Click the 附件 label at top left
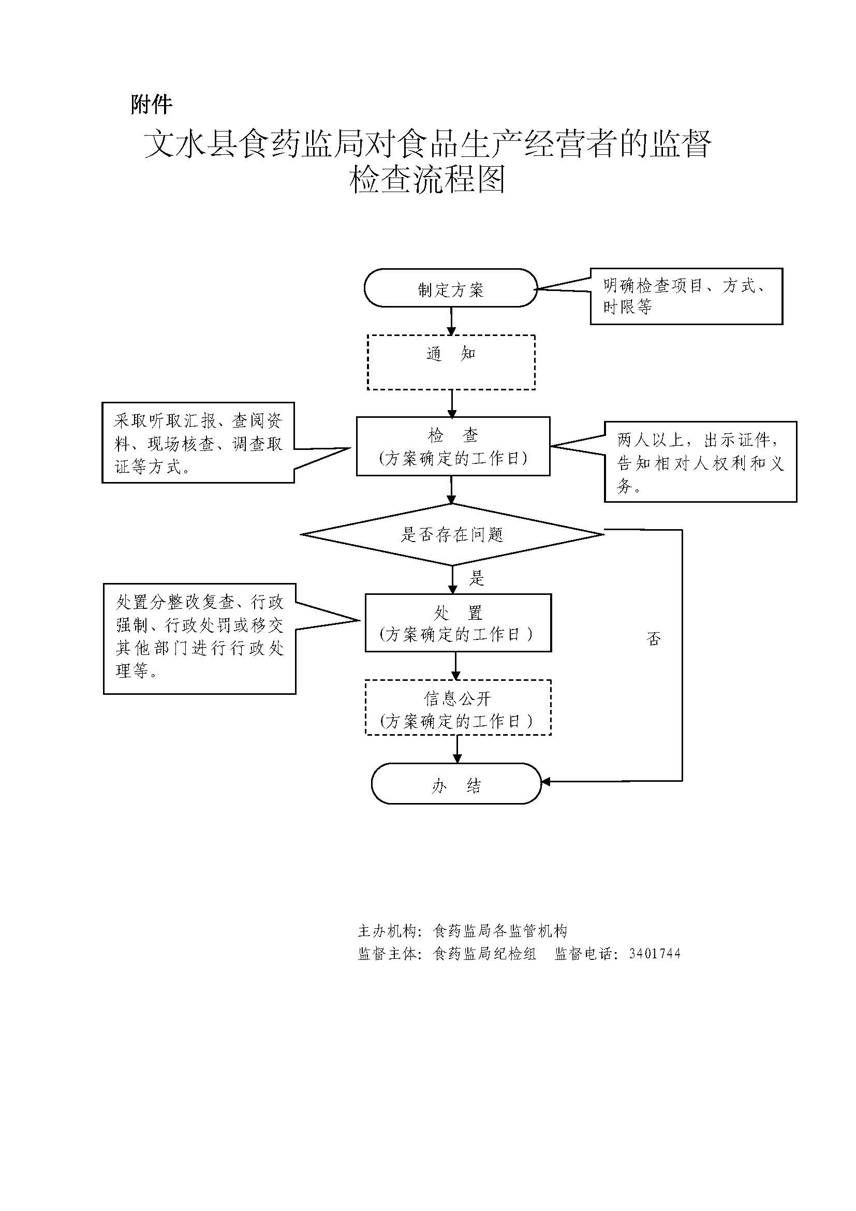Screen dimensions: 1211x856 [x=151, y=105]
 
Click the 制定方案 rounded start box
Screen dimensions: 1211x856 [x=451, y=288]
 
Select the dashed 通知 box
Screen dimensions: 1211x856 [x=451, y=362]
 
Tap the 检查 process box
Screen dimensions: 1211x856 [x=453, y=446]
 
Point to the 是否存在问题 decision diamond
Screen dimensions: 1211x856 [x=452, y=534]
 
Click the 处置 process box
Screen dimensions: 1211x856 [x=457, y=622]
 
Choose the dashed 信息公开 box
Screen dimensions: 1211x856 [x=457, y=707]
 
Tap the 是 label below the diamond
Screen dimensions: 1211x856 [x=477, y=579]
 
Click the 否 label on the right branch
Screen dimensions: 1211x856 [x=654, y=639]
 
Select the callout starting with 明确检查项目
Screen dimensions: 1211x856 [x=686, y=296]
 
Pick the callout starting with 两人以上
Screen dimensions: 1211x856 [x=700, y=461]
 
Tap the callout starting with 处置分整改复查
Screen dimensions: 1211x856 [x=199, y=638]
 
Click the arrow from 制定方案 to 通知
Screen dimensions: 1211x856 [x=451, y=320]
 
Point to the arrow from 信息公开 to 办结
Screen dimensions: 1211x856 [x=457, y=749]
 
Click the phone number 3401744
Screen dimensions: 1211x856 [x=655, y=954]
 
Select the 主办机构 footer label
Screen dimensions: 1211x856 [x=387, y=931]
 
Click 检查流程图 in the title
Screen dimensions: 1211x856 [x=427, y=179]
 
